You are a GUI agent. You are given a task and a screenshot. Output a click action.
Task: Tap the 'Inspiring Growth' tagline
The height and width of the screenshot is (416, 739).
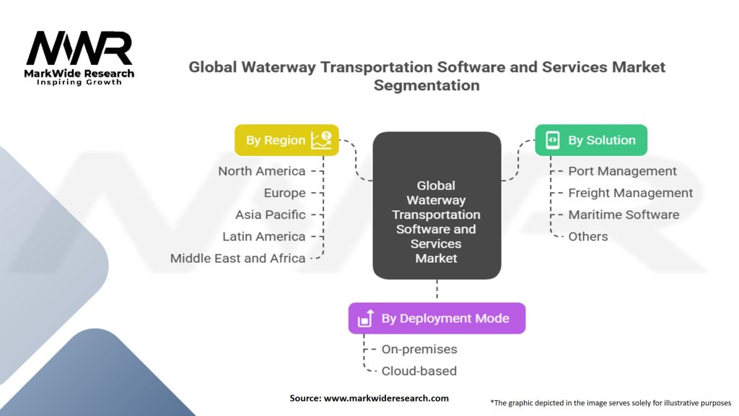pos(79,82)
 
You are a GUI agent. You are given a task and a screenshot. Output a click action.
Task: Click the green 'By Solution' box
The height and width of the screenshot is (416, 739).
pos(591,140)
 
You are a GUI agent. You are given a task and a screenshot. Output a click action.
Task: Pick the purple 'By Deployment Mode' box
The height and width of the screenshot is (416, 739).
pos(437,318)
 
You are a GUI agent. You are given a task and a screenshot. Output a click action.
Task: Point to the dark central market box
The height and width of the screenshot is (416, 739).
pos(437,206)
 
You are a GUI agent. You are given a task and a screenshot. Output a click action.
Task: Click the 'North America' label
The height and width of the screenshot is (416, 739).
pos(262,171)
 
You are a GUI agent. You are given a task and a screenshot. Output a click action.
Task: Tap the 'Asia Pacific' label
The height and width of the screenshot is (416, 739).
pos(270,214)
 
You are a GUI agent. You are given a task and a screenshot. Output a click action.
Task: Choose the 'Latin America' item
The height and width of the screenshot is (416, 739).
pos(263,236)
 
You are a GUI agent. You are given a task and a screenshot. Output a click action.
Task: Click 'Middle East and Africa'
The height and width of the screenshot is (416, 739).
pos(237,258)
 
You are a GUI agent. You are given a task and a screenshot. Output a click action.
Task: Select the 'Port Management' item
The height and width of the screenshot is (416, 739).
pos(622,171)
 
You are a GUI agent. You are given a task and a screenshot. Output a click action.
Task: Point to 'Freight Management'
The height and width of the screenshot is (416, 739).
pos(630,193)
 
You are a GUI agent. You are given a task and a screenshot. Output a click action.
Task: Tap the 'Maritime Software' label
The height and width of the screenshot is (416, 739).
pos(624,214)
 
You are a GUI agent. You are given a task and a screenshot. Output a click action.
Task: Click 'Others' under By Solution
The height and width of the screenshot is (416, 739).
pos(587,236)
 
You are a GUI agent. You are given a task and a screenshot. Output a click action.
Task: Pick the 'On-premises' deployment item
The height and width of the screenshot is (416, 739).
pos(419,349)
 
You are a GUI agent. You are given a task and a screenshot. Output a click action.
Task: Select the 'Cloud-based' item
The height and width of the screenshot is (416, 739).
pos(419,370)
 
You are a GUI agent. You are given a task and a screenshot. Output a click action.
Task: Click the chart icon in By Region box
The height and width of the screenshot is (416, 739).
pos(321,139)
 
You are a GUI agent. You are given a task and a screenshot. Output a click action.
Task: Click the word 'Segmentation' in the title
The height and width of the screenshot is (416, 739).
pos(427,85)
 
